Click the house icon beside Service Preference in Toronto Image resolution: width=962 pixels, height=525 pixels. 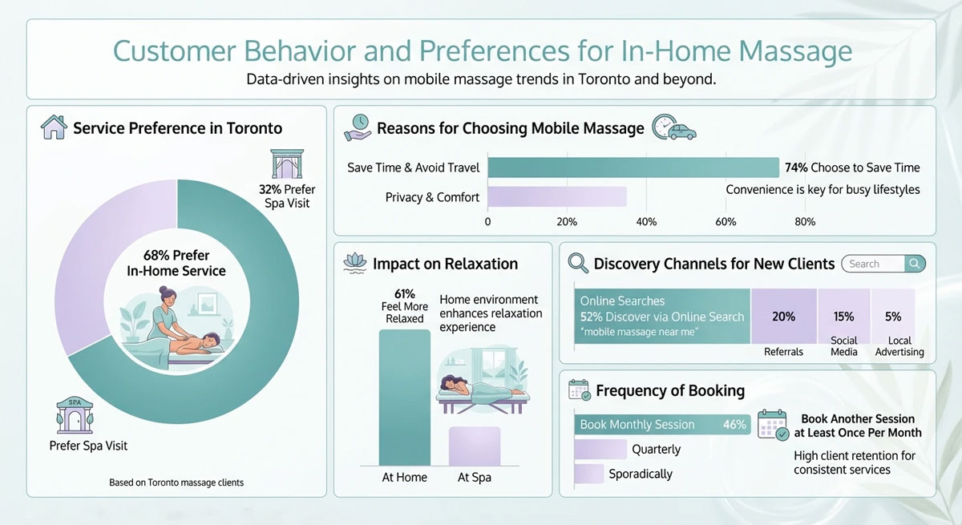tap(54, 127)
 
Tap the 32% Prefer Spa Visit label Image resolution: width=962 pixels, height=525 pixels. tap(287, 196)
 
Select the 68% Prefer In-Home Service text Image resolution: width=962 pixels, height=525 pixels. tap(176, 264)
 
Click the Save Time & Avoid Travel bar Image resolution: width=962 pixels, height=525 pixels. tap(633, 168)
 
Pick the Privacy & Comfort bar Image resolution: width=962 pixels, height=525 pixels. tap(557, 197)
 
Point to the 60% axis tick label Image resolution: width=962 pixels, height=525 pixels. tap(725, 221)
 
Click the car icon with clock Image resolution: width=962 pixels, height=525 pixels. tap(673, 128)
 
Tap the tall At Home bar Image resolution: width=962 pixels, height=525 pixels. tap(404, 397)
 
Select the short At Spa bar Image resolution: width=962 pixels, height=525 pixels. tap(474, 446)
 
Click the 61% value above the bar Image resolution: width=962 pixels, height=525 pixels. tap(405, 293)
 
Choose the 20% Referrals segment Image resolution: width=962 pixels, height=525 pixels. tap(783, 317)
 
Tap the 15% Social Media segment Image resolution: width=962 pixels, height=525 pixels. tap(843, 317)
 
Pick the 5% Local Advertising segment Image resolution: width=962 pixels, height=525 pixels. tap(893, 317)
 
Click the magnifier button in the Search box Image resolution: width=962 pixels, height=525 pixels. tap(915, 264)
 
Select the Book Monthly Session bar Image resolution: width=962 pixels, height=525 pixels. tap(662, 425)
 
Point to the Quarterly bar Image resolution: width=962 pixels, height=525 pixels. tap(600, 450)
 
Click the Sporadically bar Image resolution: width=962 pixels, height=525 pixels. tap(588, 474)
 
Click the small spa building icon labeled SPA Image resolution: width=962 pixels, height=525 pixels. tap(75, 416)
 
